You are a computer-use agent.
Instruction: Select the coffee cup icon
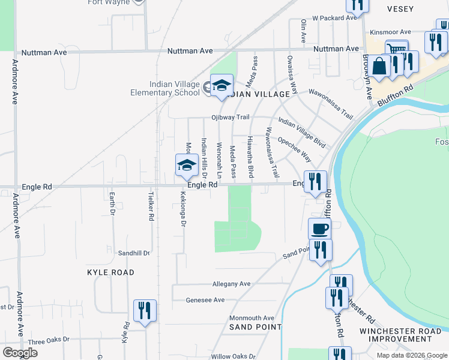[x=319, y=229]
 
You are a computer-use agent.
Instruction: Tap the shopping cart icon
[x=396, y=50]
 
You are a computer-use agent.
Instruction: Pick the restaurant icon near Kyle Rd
[x=145, y=311]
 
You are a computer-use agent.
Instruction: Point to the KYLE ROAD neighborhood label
[x=110, y=272]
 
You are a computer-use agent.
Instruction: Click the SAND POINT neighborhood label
[x=256, y=327]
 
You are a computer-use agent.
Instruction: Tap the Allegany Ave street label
[x=231, y=284]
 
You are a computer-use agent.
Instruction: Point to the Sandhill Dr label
[x=133, y=253]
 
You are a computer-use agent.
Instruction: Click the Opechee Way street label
[x=294, y=149]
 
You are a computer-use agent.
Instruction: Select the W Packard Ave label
[x=334, y=18]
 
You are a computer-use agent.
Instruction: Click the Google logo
[x=20, y=353]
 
